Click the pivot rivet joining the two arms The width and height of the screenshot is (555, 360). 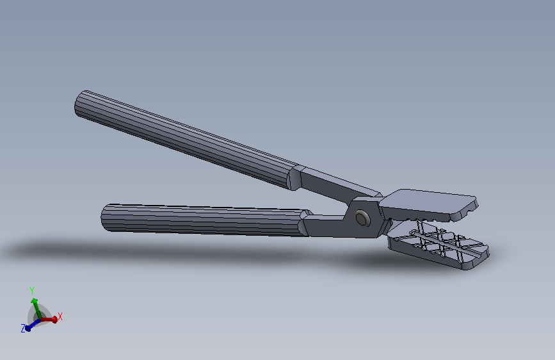pyautogui.click(x=362, y=218)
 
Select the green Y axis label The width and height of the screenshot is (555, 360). pyautogui.click(x=32, y=291)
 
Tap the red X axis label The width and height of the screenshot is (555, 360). pyautogui.click(x=60, y=317)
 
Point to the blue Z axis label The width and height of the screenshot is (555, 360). pyautogui.click(x=23, y=329)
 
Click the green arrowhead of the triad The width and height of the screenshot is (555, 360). pyautogui.click(x=35, y=302)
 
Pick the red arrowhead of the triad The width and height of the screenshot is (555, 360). pyautogui.click(x=54, y=320)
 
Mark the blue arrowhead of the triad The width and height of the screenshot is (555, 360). pyautogui.click(x=28, y=329)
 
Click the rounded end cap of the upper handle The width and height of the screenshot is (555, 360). pyautogui.click(x=79, y=104)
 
